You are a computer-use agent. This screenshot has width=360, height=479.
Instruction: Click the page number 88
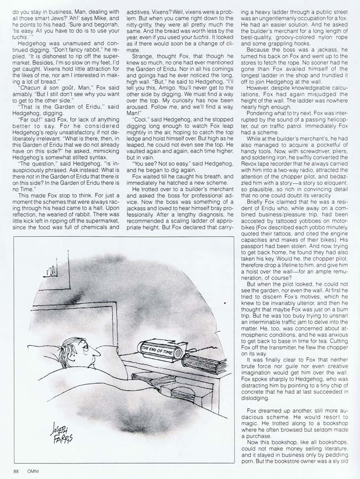point(17,470)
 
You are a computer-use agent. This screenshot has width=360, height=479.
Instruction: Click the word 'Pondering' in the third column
point(260,114)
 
